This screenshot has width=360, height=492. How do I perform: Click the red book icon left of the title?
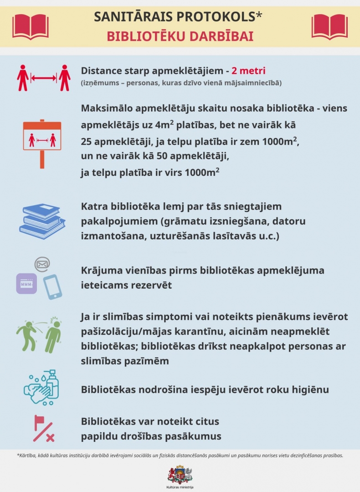click(x=31, y=26)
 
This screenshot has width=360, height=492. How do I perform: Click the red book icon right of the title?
click(x=329, y=26)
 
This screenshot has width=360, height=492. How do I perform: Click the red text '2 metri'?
click(x=248, y=71)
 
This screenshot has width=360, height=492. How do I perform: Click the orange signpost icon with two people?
click(x=42, y=143)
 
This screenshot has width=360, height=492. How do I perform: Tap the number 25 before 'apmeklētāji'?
click(x=87, y=142)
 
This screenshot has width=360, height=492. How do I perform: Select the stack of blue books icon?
click(x=42, y=221)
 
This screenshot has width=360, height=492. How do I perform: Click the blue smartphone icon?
click(x=52, y=287)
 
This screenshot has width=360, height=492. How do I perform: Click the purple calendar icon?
click(x=26, y=283)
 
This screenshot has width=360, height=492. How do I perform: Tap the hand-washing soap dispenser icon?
click(x=42, y=387)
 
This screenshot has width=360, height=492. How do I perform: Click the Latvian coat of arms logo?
click(x=180, y=474)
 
